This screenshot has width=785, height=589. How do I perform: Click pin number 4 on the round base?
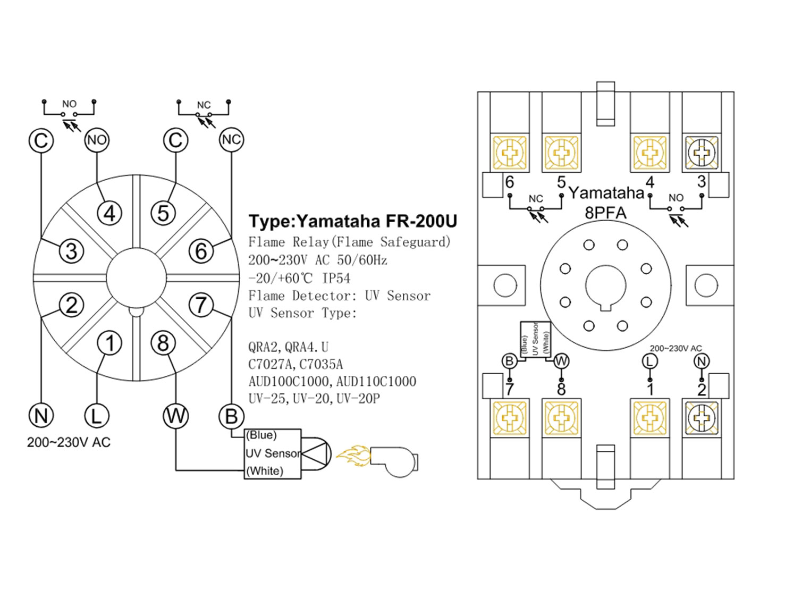[109, 213]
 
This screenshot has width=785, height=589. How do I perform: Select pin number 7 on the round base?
[201, 305]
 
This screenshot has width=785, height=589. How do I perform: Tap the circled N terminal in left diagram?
[41, 416]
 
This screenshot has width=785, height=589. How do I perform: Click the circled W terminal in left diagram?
[176, 416]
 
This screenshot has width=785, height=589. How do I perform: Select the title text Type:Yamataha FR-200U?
[353, 221]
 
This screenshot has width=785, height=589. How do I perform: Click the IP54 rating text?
[336, 278]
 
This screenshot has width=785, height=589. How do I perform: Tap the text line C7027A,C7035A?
[296, 365]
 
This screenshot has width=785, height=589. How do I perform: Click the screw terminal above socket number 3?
[702, 153]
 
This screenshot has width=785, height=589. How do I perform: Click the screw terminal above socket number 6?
[509, 153]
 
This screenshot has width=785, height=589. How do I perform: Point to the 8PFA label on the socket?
[605, 213]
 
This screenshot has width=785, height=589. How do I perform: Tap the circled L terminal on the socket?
[649, 361]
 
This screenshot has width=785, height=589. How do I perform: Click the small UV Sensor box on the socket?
[535, 340]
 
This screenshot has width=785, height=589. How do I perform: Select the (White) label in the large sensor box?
[265, 471]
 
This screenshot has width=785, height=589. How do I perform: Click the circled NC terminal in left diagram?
[231, 140]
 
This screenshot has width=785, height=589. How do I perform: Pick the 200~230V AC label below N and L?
[69, 442]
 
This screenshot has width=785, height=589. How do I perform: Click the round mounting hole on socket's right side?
[706, 285]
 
